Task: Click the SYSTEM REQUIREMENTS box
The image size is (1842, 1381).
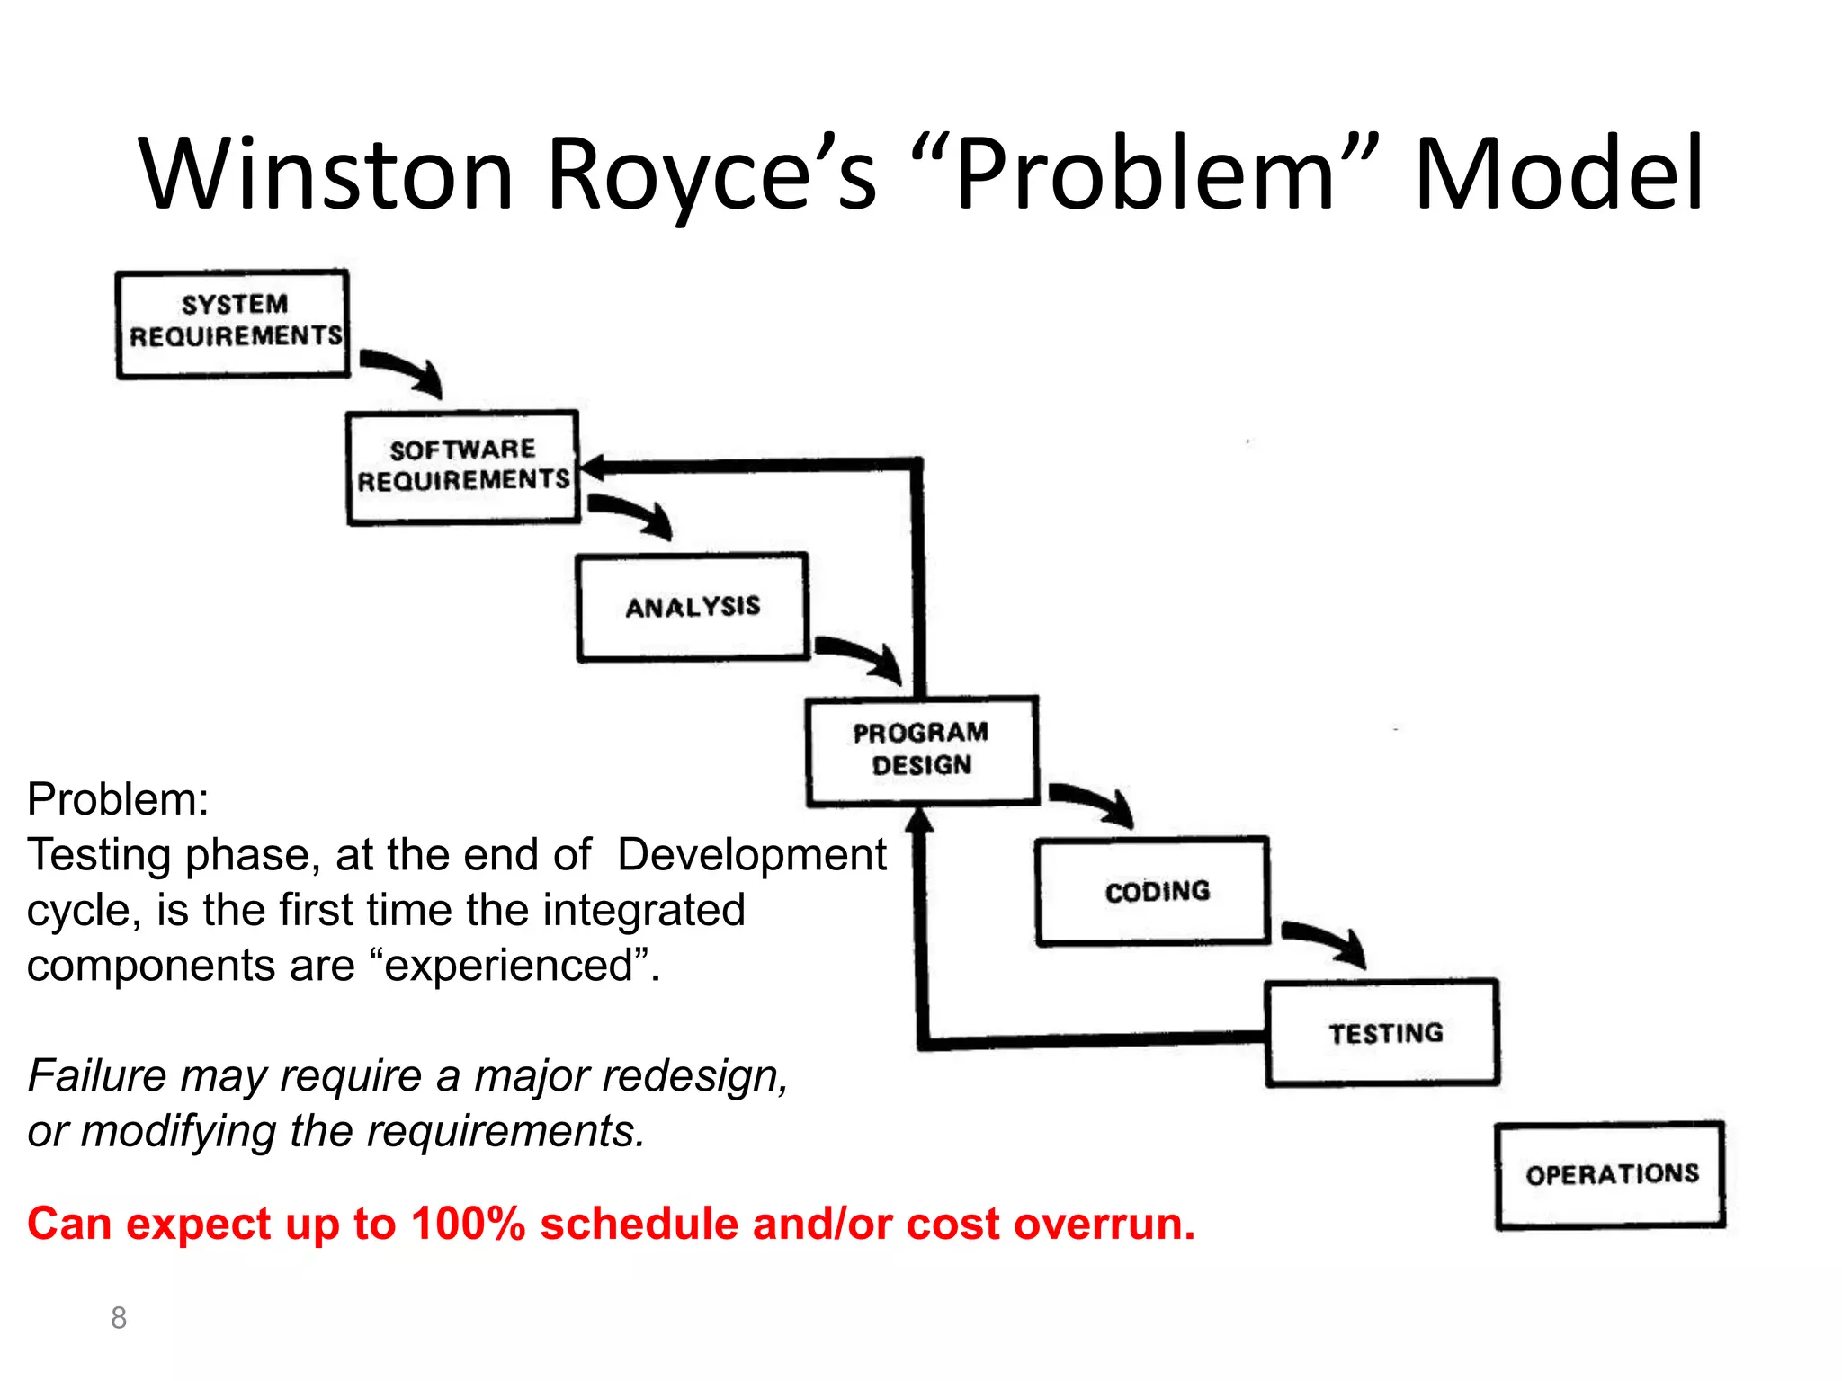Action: [x=233, y=324]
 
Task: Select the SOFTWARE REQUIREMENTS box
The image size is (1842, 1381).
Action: [x=462, y=467]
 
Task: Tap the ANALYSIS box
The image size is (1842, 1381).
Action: [x=693, y=608]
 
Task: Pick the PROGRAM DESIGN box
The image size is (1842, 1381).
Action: [x=922, y=750]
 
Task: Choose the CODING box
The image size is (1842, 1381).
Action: [x=1153, y=891]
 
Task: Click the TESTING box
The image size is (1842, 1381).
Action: [x=1382, y=1033]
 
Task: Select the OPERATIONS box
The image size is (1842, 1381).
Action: [x=1611, y=1174]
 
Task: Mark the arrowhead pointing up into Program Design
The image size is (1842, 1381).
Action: [x=918, y=821]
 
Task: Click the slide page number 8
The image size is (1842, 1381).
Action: [x=119, y=1317]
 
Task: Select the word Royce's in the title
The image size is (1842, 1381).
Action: [x=711, y=174]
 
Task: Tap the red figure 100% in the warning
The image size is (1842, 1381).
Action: [x=468, y=1224]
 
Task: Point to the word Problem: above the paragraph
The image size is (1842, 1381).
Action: [x=118, y=798]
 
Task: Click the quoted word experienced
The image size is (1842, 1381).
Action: [x=510, y=966]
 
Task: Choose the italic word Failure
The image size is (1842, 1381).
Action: [x=97, y=1075]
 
